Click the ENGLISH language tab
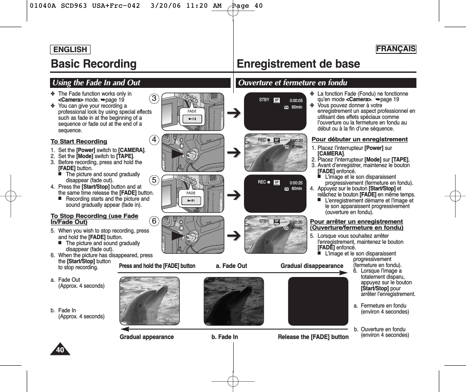[70, 50]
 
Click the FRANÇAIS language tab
[396, 49]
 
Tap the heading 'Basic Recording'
[94, 64]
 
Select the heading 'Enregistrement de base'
[298, 64]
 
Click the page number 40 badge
[60, 350]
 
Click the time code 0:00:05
[296, 100]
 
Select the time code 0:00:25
[296, 183]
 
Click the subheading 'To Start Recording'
[79, 141]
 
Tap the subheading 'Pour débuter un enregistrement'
[359, 139]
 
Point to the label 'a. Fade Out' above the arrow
[231, 266]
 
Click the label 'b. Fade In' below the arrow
[225, 337]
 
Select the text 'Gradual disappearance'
[312, 266]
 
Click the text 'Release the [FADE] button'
[313, 337]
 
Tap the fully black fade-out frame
[318, 301]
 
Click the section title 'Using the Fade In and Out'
[97, 83]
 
